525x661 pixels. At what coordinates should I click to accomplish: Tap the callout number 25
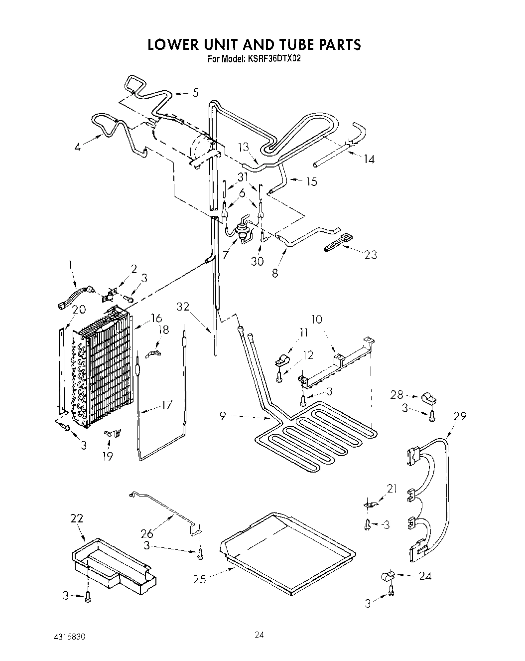[200, 579]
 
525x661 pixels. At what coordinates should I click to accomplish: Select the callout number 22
[78, 519]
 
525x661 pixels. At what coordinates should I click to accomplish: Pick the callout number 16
[156, 318]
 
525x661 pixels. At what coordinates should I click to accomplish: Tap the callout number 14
[369, 159]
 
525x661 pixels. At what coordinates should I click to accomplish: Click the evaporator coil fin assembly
[105, 369]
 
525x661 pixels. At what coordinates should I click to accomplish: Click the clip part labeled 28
[426, 397]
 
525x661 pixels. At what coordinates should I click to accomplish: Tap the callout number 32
[183, 306]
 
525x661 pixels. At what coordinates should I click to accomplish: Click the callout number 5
[195, 92]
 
